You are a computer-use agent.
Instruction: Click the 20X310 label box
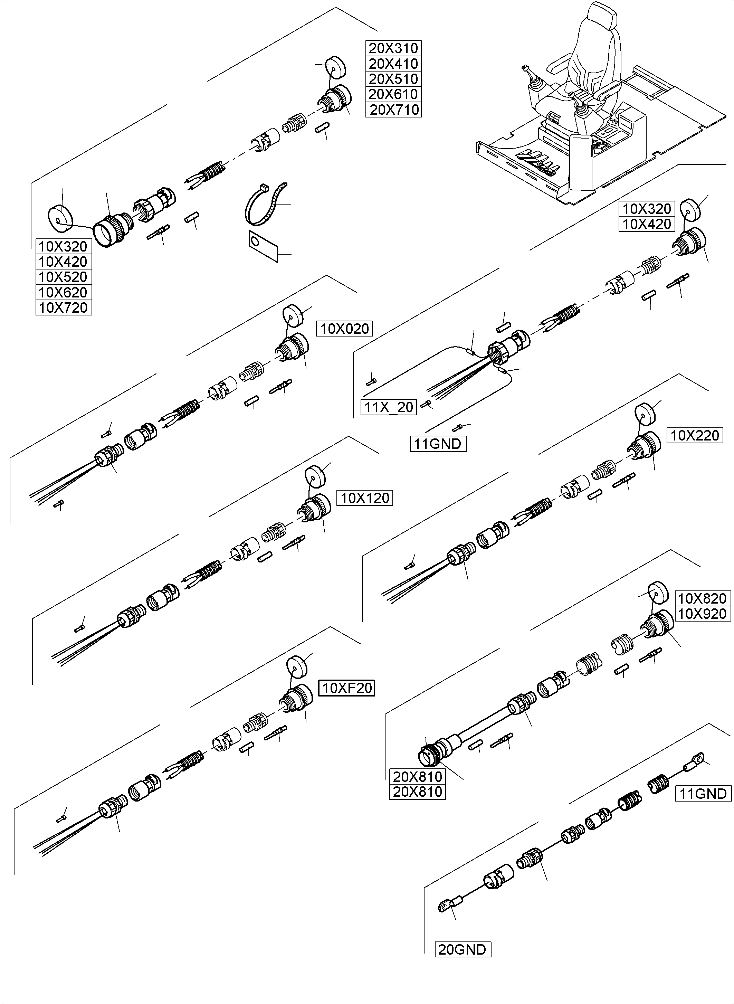(393, 48)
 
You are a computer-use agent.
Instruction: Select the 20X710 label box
(393, 109)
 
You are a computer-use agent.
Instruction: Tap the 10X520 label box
(64, 277)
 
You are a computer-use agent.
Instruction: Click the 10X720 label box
(64, 307)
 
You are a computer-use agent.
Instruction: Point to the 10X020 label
(344, 329)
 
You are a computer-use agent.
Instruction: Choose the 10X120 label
(365, 498)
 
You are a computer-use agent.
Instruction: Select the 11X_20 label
(389, 407)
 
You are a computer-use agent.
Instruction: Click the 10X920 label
(702, 614)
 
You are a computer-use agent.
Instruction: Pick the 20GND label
(463, 949)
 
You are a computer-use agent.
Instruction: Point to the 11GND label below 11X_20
(438, 444)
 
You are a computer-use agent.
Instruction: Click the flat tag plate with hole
(263, 246)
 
